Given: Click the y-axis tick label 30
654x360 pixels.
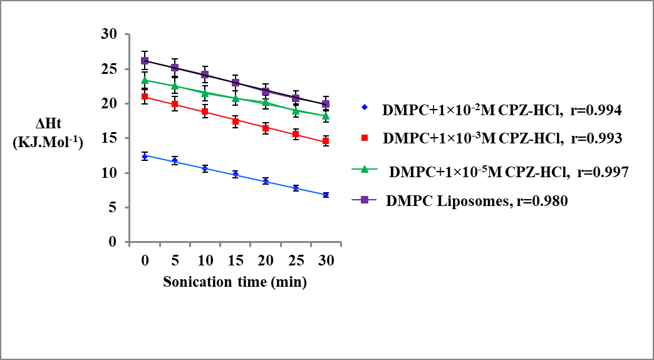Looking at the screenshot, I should pos(110,34).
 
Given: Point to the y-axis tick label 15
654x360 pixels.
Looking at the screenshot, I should pos(110,138).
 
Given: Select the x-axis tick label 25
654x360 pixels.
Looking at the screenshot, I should pos(296,260).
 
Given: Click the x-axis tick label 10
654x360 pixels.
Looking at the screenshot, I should pos(205,260).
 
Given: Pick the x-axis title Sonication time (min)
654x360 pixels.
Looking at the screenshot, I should pos(235,282).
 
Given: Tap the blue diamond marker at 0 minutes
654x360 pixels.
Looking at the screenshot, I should pos(145,156).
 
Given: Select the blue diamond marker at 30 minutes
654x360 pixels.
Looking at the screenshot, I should pos(326,195).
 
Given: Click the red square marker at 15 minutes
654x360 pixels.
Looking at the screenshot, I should pos(236,121).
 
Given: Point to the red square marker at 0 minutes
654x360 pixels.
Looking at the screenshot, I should pos(145,96).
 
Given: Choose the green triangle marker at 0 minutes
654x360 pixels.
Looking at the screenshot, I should pos(145,80).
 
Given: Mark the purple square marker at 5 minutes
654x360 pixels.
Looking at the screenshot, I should pos(175,67).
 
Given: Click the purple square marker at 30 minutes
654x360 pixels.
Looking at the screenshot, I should pos(326,104).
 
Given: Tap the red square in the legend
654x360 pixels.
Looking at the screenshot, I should pos(364,138).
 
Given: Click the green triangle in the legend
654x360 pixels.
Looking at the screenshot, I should pos(364,170).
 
